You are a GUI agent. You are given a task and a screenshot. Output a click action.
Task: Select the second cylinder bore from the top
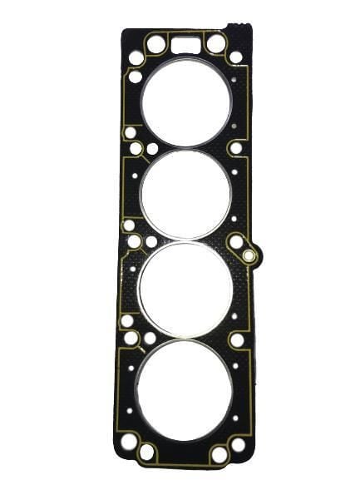[x=185, y=195]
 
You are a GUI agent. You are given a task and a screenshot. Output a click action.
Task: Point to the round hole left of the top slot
[x=155, y=42]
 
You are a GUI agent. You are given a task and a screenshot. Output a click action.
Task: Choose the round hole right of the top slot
[x=216, y=42]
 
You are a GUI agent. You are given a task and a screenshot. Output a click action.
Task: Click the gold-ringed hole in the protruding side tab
[x=249, y=255]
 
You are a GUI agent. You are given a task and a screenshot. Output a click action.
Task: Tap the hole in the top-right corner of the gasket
[x=236, y=57]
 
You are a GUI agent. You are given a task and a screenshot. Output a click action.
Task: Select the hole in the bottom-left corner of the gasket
[x=128, y=442]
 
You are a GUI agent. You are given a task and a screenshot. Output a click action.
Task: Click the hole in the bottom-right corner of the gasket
[x=239, y=444]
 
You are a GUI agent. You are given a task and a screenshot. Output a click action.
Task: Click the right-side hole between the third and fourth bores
[x=237, y=339]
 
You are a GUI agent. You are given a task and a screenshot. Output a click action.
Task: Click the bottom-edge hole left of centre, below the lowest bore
[x=147, y=453]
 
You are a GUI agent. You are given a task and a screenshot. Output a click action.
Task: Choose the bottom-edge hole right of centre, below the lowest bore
[x=219, y=454]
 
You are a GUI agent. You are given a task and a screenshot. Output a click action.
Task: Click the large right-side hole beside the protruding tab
[x=236, y=242]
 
